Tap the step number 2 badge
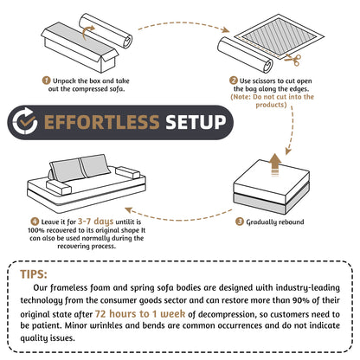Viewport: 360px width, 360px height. (234, 80)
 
